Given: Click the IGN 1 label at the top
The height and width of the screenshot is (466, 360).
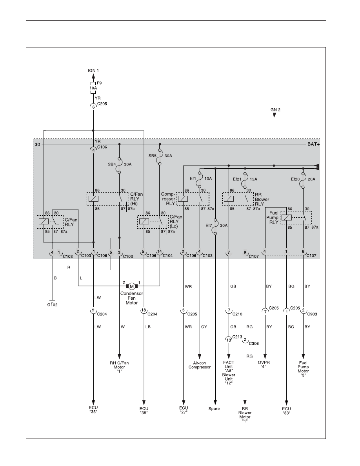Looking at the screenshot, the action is click(x=93, y=71).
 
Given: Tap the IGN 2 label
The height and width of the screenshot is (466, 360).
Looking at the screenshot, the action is click(x=275, y=110).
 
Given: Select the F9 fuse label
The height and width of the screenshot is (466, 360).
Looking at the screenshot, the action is click(x=99, y=83).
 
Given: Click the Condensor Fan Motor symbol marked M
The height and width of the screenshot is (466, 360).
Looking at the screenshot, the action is click(x=131, y=286).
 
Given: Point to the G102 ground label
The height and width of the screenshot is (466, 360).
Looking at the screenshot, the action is click(x=53, y=305).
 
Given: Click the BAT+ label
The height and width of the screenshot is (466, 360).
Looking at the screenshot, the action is click(x=313, y=144).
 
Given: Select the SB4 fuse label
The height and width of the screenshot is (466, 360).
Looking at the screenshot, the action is click(x=112, y=164).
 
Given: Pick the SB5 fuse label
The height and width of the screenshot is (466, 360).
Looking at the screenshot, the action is click(x=153, y=155).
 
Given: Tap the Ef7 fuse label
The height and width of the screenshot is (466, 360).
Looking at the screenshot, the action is click(x=209, y=226).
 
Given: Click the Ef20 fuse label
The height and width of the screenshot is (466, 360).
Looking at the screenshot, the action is click(x=296, y=179).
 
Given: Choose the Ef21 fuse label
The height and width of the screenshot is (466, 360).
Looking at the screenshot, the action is click(x=237, y=179).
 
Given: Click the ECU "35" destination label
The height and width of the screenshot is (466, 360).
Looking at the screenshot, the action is click(x=93, y=410).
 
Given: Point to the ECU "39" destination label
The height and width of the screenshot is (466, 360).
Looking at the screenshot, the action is click(x=144, y=410).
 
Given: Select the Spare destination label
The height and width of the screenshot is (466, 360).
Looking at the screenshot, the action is click(x=214, y=409).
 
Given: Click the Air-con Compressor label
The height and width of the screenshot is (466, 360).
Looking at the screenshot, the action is click(x=199, y=365).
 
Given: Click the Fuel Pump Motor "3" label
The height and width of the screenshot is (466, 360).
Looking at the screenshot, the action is click(x=303, y=369).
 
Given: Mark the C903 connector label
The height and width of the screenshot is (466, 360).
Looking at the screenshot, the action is click(x=312, y=314).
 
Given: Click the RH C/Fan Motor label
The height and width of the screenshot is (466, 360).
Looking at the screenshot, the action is click(x=119, y=367).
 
